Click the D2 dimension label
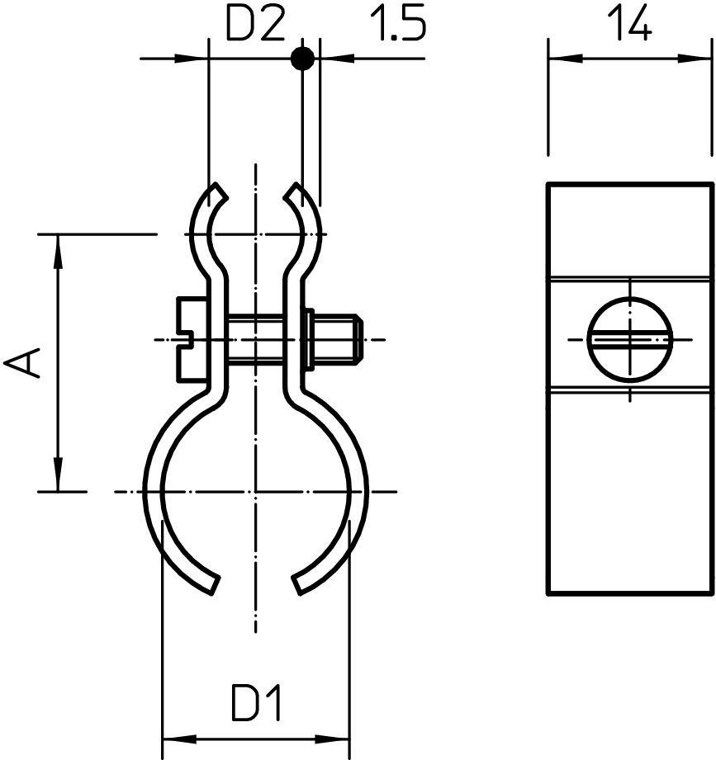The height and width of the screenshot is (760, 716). [x=255, y=26]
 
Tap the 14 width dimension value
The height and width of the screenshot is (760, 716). [x=630, y=26]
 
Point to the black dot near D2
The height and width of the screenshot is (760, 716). [x=303, y=59]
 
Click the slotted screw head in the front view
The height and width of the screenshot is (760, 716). [x=191, y=339]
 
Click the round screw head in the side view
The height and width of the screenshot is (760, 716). [x=629, y=338]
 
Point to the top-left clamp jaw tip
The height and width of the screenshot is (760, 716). [x=218, y=191]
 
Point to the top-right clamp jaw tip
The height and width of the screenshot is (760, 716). [x=293, y=191]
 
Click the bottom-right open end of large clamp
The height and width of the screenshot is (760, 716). [x=297, y=584]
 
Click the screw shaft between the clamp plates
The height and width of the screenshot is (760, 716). [x=255, y=339]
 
